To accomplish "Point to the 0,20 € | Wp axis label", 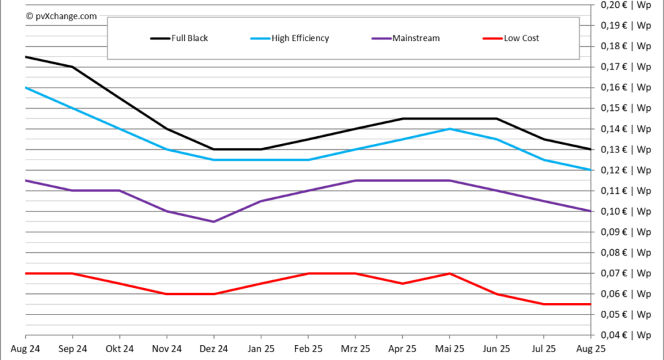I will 626,5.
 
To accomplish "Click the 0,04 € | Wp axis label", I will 626,335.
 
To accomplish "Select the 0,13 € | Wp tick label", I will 626,149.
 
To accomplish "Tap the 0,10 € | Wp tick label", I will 626,211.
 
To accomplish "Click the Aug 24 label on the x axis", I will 25,349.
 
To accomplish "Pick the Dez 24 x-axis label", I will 214,349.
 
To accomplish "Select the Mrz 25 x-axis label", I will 355,349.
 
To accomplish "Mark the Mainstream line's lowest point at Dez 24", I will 214,222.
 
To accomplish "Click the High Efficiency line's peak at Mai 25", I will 449,129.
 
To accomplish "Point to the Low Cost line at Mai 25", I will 449,274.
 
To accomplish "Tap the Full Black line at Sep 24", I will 72,67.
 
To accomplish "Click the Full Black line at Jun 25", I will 497,119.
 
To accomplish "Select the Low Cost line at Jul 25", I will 544,304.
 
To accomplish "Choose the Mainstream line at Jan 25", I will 261,201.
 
